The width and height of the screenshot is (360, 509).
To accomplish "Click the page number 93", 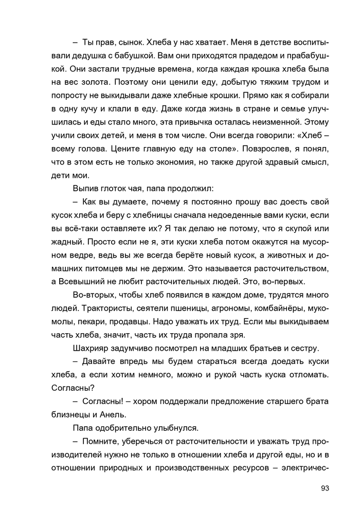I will (324, 488).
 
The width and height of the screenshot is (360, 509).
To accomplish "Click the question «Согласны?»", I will (72, 389).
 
